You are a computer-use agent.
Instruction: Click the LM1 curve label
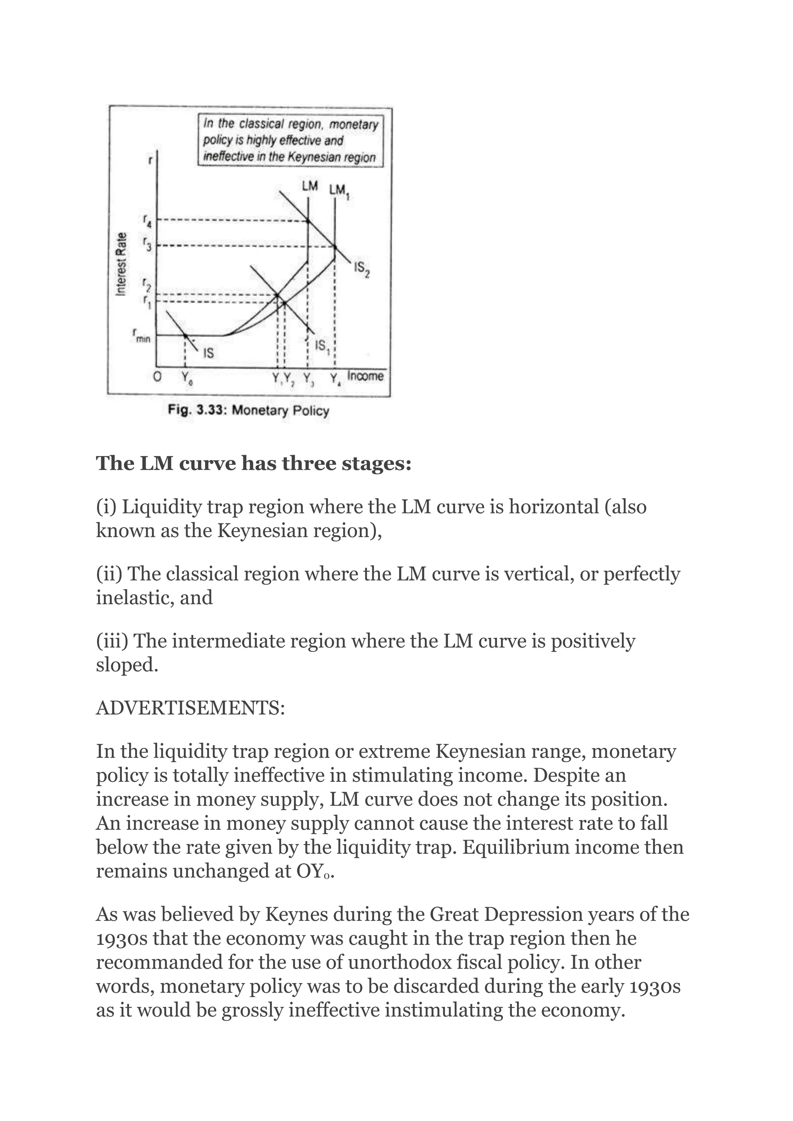(340, 191)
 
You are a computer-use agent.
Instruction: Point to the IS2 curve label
(362, 269)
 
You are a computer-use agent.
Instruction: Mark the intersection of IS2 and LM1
(335, 247)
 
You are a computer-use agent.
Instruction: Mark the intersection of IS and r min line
(185, 336)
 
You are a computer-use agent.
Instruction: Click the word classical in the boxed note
(262, 125)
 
